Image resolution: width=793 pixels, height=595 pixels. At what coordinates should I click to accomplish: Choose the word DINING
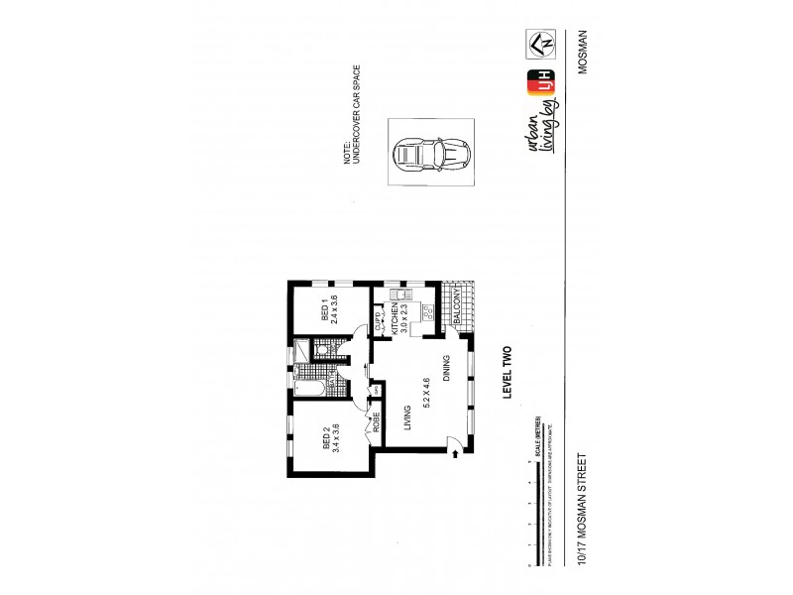(449, 369)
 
